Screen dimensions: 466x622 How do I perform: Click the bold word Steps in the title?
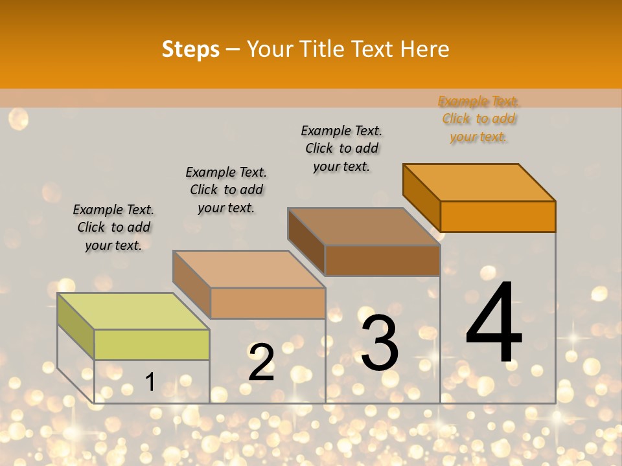190,49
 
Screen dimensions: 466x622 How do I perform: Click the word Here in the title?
424,49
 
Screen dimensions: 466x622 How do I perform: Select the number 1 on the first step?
150,382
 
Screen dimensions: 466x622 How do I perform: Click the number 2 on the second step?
262,362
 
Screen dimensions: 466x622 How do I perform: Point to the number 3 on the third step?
379,343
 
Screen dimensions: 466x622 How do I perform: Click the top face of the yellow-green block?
133,311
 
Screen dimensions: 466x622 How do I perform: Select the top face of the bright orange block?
479,182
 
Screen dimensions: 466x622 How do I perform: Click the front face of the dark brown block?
382,261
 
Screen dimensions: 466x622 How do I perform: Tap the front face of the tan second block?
268,303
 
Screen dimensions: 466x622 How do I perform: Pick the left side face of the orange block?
421,197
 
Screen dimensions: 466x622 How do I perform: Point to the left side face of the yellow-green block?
76,327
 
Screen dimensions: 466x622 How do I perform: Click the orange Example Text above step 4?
479,102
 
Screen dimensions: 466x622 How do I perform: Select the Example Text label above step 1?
113,210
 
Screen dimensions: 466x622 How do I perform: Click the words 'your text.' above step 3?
341,166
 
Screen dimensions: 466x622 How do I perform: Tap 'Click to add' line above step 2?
226,190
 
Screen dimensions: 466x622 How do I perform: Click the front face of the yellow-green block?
152,344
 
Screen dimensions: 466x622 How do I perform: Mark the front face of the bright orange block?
498,216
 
